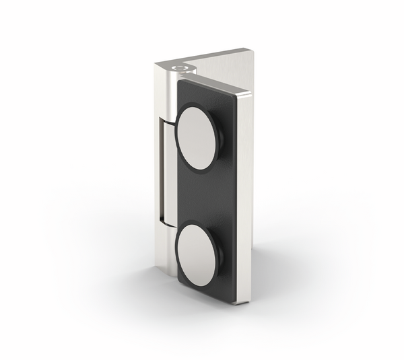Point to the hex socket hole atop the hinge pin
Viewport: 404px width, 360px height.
tap(178, 67)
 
